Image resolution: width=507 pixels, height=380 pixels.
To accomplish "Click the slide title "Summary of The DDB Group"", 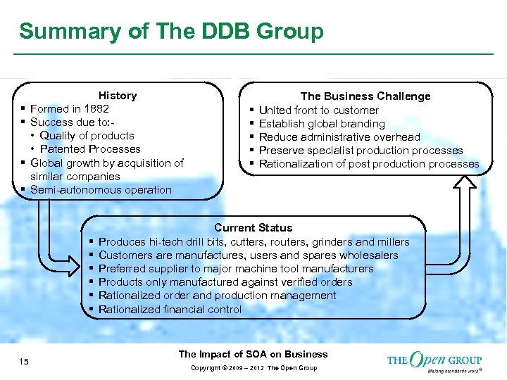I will click(x=171, y=32).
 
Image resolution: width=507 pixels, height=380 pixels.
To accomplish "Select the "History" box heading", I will click(x=118, y=96).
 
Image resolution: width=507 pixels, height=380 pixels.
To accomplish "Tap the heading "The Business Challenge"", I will click(x=365, y=96).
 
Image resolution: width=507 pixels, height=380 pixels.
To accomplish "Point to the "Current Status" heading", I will click(x=253, y=228).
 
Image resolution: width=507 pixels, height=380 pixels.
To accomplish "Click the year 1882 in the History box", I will click(x=96, y=109).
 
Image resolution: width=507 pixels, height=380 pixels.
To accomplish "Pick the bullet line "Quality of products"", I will click(x=87, y=136).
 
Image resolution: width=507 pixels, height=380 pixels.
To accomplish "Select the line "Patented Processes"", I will click(x=90, y=149).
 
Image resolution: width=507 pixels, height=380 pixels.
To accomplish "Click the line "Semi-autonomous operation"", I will click(x=101, y=190).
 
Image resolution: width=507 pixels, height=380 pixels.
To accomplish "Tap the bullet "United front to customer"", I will click(x=318, y=110).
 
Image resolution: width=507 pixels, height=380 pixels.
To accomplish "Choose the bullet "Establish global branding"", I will click(x=322, y=124).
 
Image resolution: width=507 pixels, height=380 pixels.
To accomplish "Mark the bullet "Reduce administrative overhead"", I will click(x=339, y=137).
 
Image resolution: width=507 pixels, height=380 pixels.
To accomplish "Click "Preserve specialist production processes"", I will click(x=361, y=151).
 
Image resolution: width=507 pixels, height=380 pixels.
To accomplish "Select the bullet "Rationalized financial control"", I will click(x=170, y=310).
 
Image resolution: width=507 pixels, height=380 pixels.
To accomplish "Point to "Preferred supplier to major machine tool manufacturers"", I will click(x=236, y=269).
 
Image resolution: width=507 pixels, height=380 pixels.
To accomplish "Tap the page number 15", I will click(x=24, y=362).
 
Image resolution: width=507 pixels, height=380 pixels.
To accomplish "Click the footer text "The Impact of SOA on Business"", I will click(x=253, y=355).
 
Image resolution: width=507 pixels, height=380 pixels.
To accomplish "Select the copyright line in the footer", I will click(x=253, y=368).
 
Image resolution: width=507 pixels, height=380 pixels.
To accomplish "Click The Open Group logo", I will click(x=434, y=361).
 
